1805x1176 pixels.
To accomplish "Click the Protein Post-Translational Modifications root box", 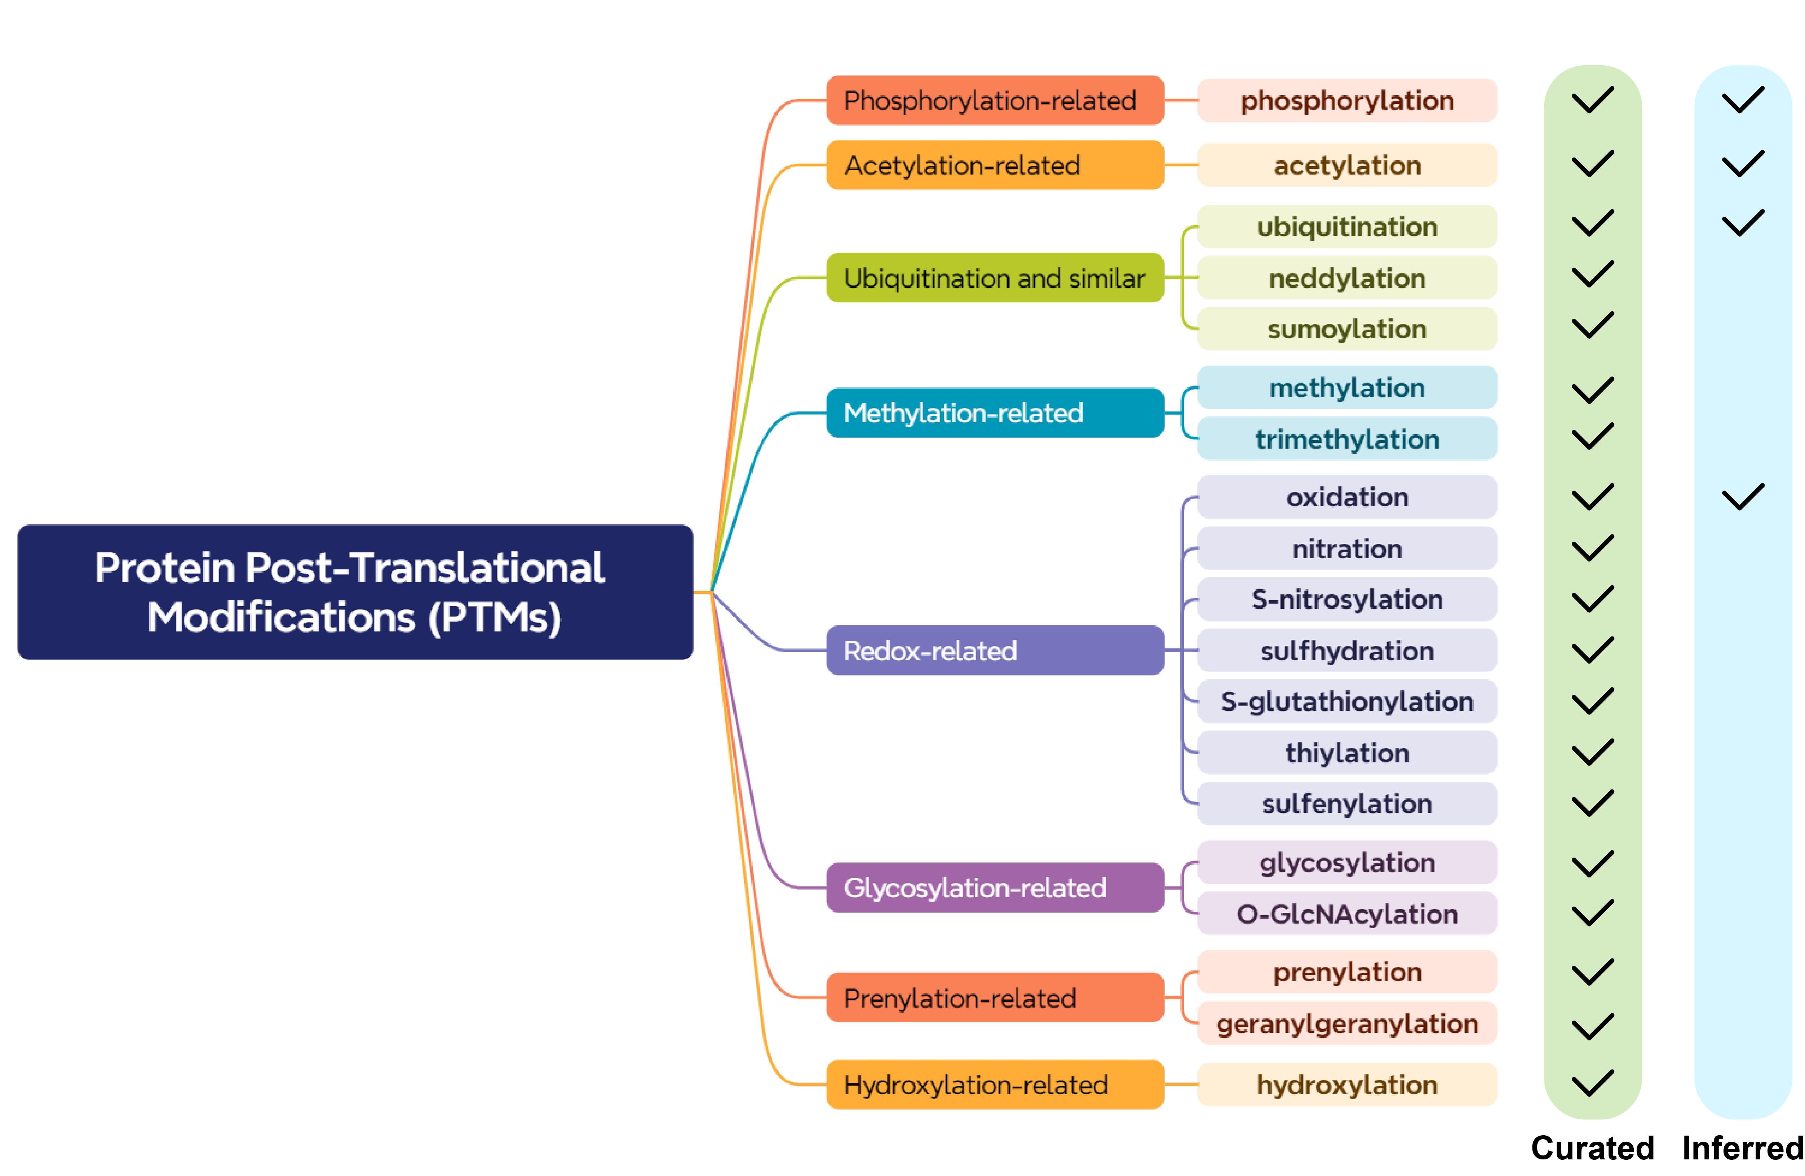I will point(355,592).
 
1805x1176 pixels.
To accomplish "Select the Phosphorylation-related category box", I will point(994,100).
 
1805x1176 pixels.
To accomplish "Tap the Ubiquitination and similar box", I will point(994,278).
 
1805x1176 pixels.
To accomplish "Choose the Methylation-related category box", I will point(994,413).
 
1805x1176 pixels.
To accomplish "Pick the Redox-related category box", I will point(994,650).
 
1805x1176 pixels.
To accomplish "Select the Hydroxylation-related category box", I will point(994,1084).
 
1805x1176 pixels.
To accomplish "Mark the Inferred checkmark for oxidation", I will point(1742,497).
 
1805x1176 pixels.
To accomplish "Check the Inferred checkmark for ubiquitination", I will point(1742,223).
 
